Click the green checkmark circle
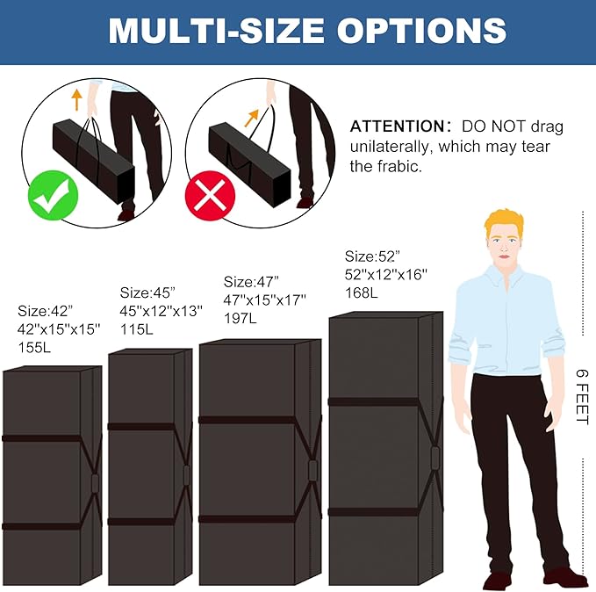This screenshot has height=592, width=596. tap(54, 196)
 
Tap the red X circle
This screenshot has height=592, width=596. tap(210, 196)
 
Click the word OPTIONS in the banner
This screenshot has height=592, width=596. tap(421, 31)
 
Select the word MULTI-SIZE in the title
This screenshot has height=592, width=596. tap(216, 31)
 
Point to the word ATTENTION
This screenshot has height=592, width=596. tap(398, 126)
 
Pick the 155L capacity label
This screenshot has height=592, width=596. tap(34, 347)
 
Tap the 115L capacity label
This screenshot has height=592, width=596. tap(137, 329)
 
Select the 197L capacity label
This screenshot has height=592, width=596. tap(241, 318)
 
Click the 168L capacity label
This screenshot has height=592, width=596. tap(362, 292)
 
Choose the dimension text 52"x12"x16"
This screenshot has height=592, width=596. tap(386, 274)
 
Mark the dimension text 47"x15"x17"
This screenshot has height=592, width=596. tap(264, 300)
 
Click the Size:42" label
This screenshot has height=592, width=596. tap(45, 311)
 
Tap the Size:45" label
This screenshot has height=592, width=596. tap(147, 292)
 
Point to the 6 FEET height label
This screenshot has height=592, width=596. tap(582, 396)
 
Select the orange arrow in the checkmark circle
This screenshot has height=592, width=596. tap(76, 99)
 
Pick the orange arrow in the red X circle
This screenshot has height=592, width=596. tap(251, 118)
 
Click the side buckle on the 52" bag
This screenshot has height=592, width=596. tap(434, 458)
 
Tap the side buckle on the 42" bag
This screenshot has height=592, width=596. tap(95, 483)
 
